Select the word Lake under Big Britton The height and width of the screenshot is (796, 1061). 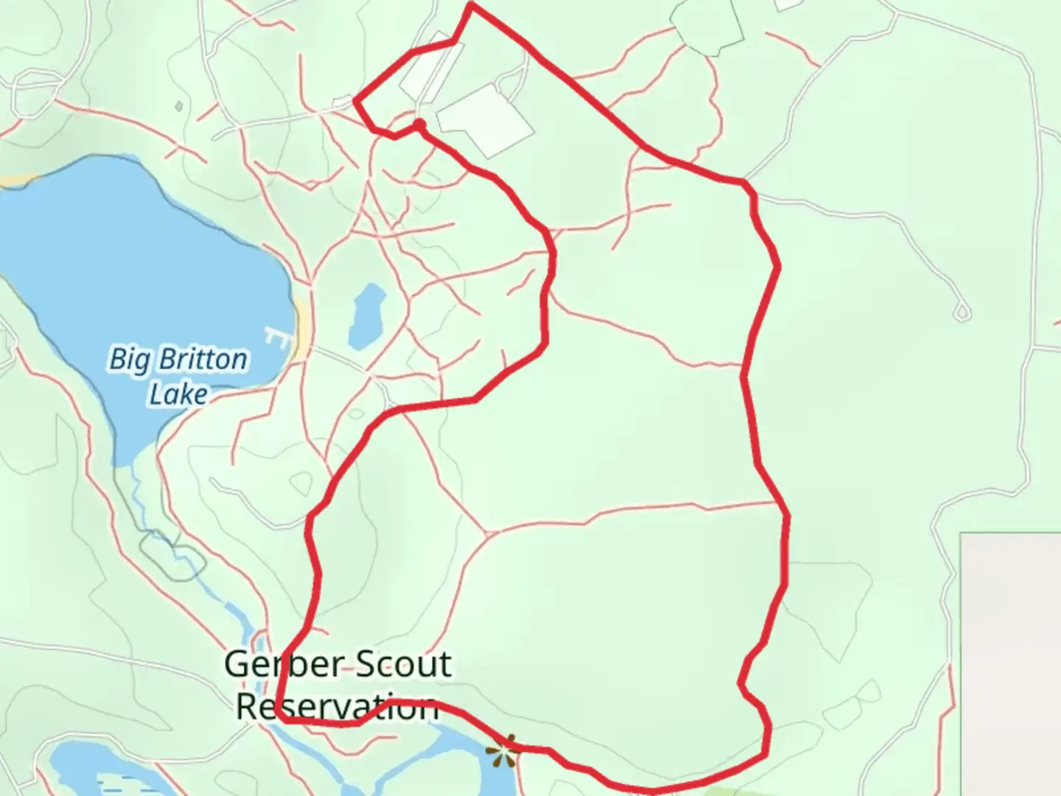[178, 394]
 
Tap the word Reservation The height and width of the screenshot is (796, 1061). [337, 707]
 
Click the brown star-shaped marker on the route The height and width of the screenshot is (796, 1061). [503, 751]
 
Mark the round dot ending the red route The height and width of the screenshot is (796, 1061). [419, 124]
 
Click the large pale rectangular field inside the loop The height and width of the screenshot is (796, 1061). [485, 119]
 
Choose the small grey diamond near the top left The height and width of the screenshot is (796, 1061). [179, 106]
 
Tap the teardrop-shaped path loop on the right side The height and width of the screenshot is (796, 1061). [962, 312]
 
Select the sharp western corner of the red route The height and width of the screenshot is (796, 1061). [355, 100]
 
